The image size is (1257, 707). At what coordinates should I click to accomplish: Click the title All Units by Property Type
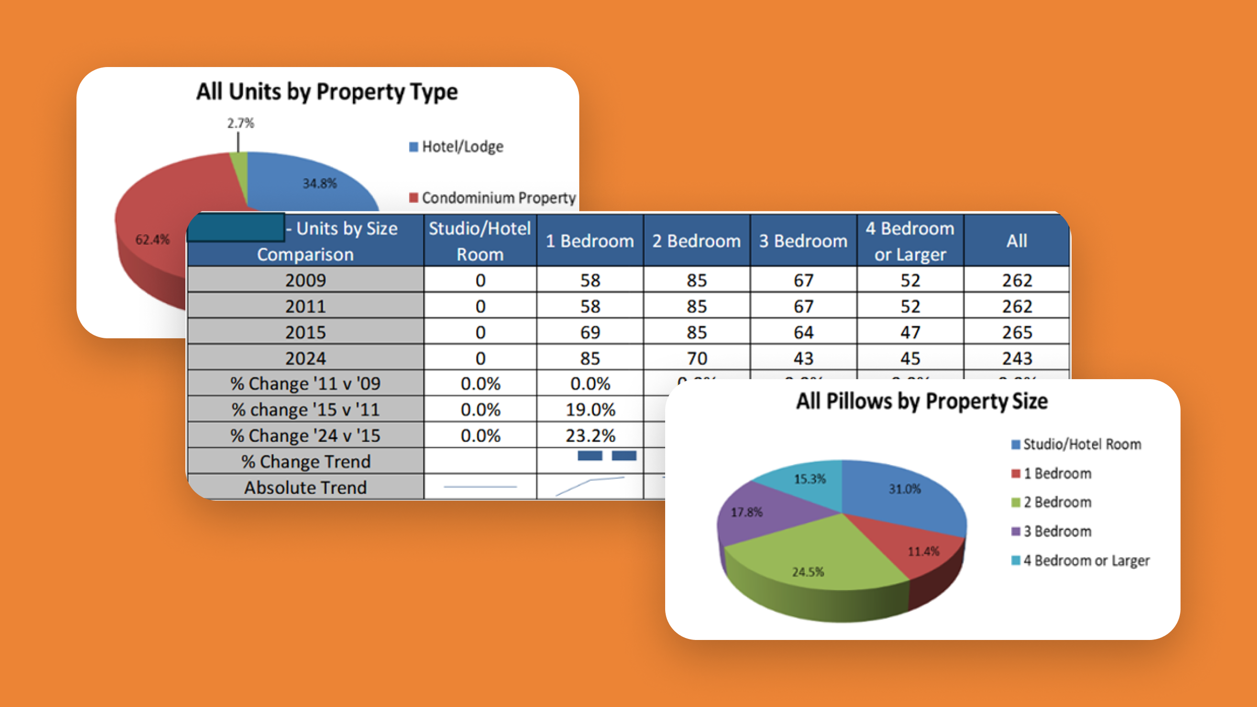pyautogui.click(x=327, y=92)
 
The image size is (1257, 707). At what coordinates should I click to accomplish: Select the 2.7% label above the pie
pyautogui.click(x=240, y=123)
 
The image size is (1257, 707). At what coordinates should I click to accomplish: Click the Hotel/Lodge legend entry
pyautogui.click(x=456, y=147)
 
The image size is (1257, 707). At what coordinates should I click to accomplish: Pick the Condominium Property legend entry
pyautogui.click(x=492, y=198)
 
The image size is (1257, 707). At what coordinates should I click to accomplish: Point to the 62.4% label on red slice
pyautogui.click(x=152, y=240)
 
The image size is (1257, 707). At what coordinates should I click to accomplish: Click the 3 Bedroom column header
pyautogui.click(x=803, y=241)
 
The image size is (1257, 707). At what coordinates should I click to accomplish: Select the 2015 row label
pyautogui.click(x=305, y=332)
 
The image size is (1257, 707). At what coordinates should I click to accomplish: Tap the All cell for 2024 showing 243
pyautogui.click(x=1017, y=358)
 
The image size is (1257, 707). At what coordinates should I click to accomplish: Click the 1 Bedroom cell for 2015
pyautogui.click(x=590, y=332)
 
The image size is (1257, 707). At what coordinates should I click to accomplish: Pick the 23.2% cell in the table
pyautogui.click(x=590, y=435)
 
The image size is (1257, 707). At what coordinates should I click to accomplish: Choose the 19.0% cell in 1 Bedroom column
pyautogui.click(x=590, y=410)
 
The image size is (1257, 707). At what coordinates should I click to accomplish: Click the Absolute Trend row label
pyautogui.click(x=305, y=488)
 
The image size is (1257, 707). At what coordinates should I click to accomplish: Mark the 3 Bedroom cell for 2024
pyautogui.click(x=803, y=358)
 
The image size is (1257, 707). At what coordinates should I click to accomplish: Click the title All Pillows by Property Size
pyautogui.click(x=922, y=401)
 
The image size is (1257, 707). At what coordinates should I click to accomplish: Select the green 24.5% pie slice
pyautogui.click(x=817, y=560)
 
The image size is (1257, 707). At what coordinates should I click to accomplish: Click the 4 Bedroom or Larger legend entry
pyautogui.click(x=1080, y=560)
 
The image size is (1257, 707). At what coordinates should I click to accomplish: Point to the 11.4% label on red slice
pyautogui.click(x=923, y=551)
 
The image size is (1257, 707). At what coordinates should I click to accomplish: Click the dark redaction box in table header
pyautogui.click(x=236, y=227)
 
